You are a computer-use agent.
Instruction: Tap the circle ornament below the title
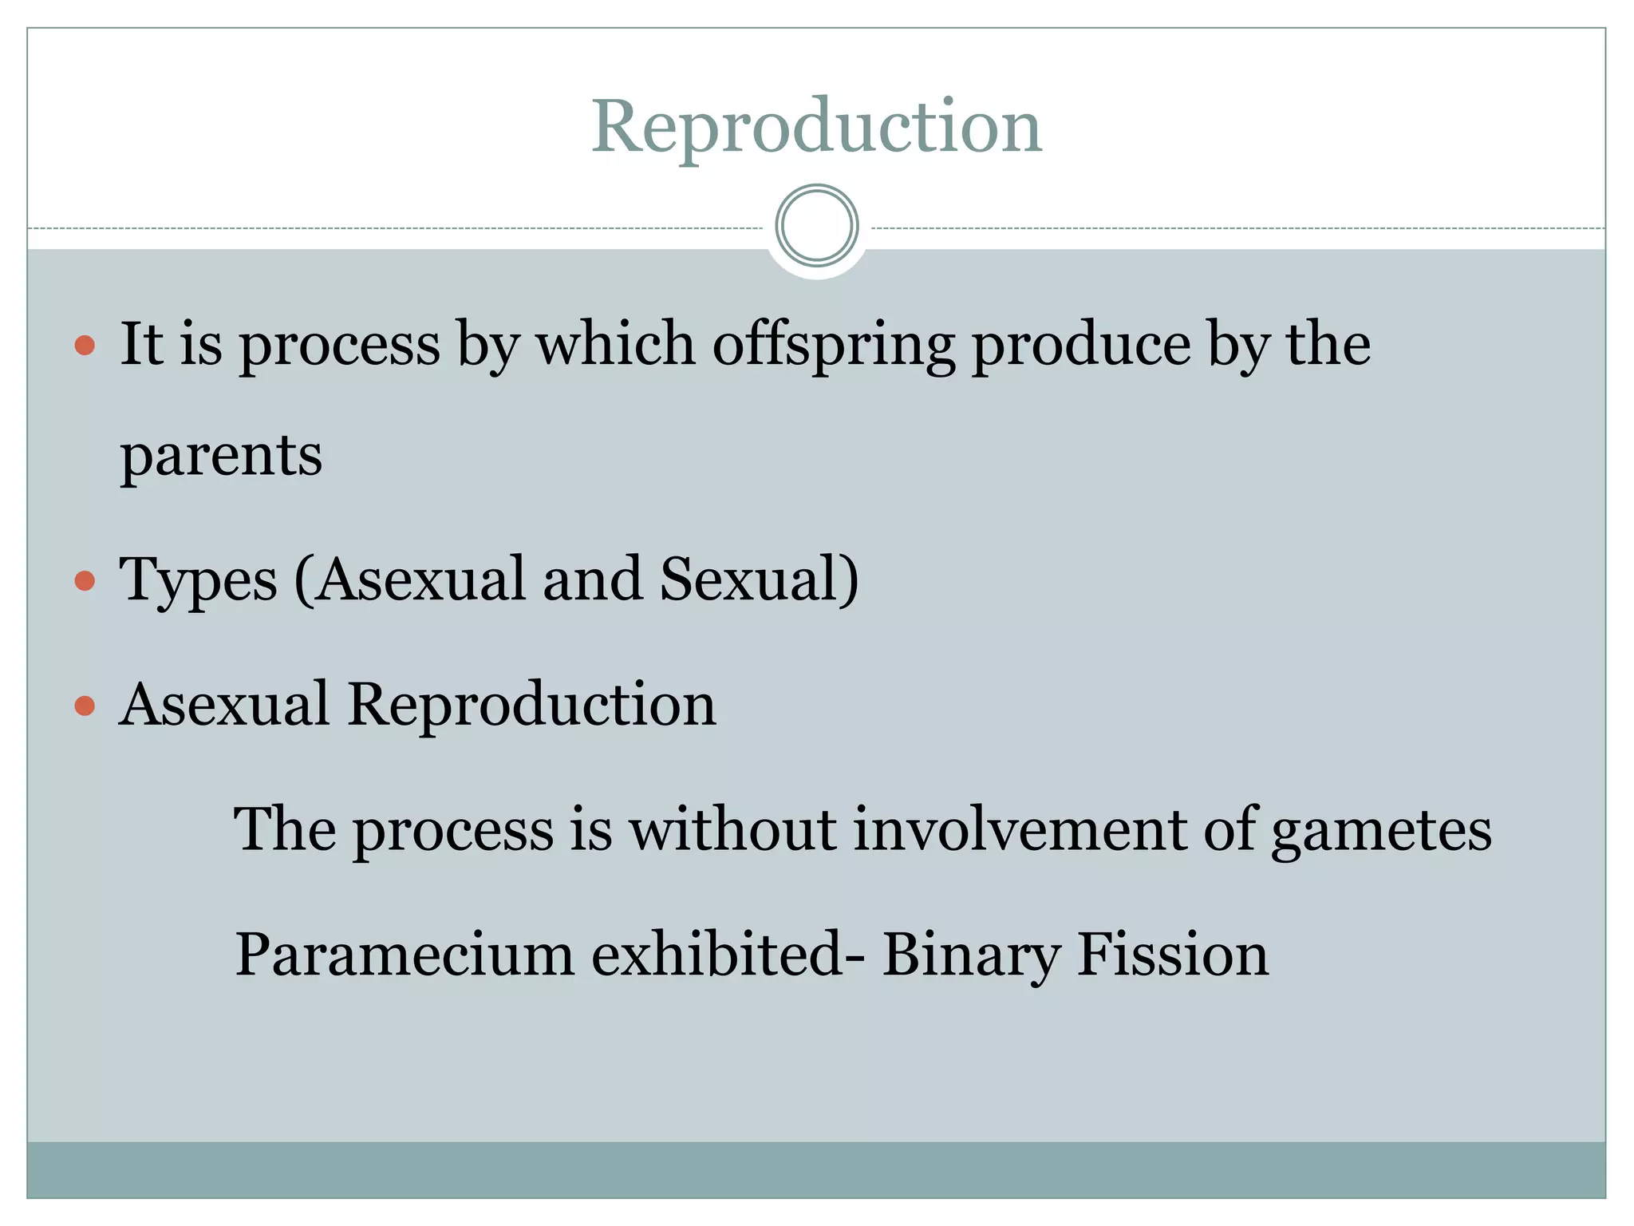[x=817, y=226]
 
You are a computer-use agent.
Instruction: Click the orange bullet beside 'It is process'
[x=85, y=346]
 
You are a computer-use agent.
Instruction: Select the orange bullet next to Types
[x=85, y=580]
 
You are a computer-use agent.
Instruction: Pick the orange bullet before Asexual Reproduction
[x=85, y=706]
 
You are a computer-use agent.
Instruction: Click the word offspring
[x=834, y=345]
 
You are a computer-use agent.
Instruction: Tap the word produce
[x=1082, y=345]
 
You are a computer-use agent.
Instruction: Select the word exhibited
[x=717, y=954]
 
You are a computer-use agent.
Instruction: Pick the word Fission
[x=1173, y=954]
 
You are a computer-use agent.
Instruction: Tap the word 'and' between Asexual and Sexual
[x=592, y=579]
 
